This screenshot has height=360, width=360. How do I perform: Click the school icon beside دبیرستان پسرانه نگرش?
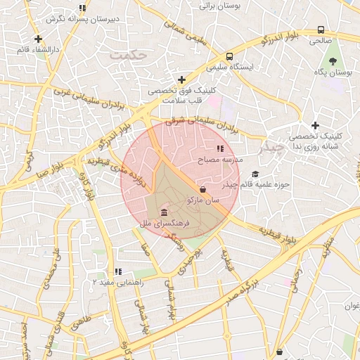click(82, 8)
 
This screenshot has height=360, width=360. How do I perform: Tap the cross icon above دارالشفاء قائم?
click(38, 39)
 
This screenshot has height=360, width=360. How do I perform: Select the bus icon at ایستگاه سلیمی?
click(230, 57)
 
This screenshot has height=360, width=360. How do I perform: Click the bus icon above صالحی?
click(321, 30)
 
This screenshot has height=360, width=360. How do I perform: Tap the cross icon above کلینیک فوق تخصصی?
click(182, 79)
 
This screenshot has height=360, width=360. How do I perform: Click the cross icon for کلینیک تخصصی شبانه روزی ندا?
click(316, 124)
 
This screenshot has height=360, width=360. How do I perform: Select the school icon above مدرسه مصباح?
click(220, 149)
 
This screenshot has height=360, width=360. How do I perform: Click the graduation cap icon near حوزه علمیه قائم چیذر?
click(255, 174)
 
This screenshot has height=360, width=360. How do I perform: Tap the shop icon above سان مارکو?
click(203, 189)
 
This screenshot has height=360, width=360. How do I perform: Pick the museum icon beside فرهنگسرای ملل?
click(164, 213)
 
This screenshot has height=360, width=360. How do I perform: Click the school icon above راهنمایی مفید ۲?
click(118, 271)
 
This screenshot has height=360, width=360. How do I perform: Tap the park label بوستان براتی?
click(220, 6)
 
